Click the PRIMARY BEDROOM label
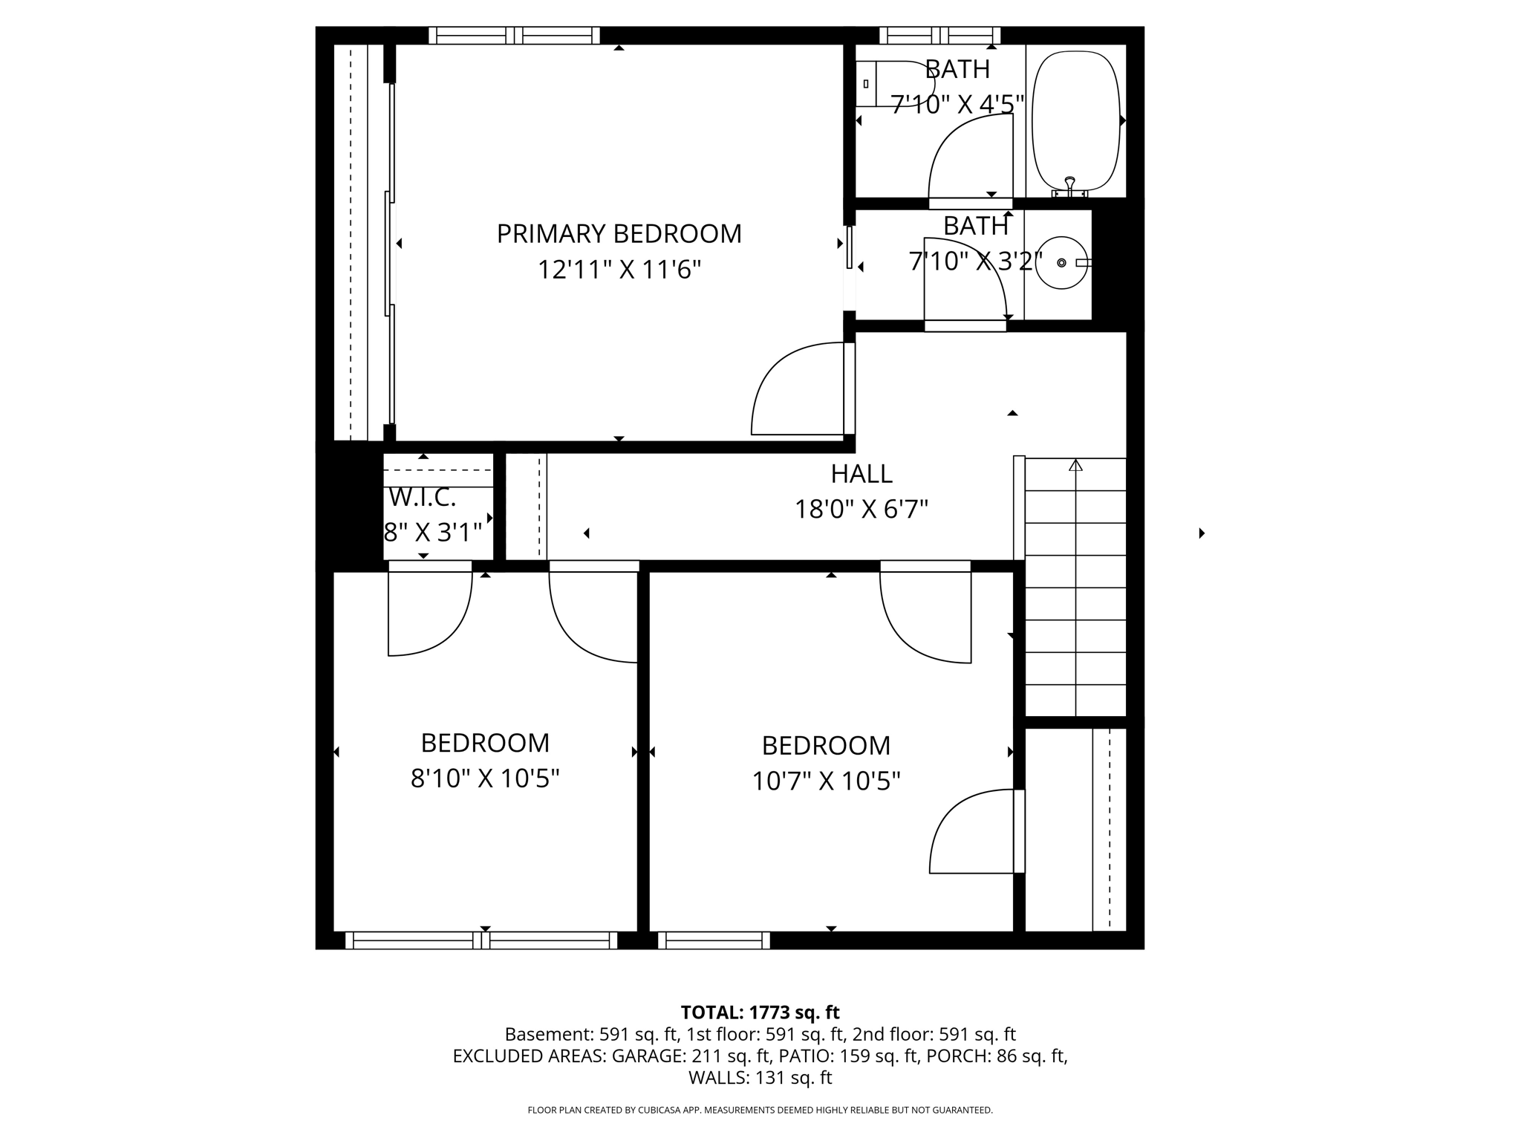[619, 234]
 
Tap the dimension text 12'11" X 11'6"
[619, 270]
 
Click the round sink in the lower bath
[1061, 263]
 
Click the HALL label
[862, 474]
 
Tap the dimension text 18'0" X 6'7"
[862, 510]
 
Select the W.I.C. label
[422, 497]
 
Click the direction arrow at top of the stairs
[1075, 466]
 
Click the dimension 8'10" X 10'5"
[485, 778]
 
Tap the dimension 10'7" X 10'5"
[826, 781]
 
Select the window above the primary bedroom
[514, 35]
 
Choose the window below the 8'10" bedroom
[481, 940]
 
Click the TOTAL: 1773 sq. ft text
[760, 1012]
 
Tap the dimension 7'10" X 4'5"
[957, 105]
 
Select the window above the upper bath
[939, 35]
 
